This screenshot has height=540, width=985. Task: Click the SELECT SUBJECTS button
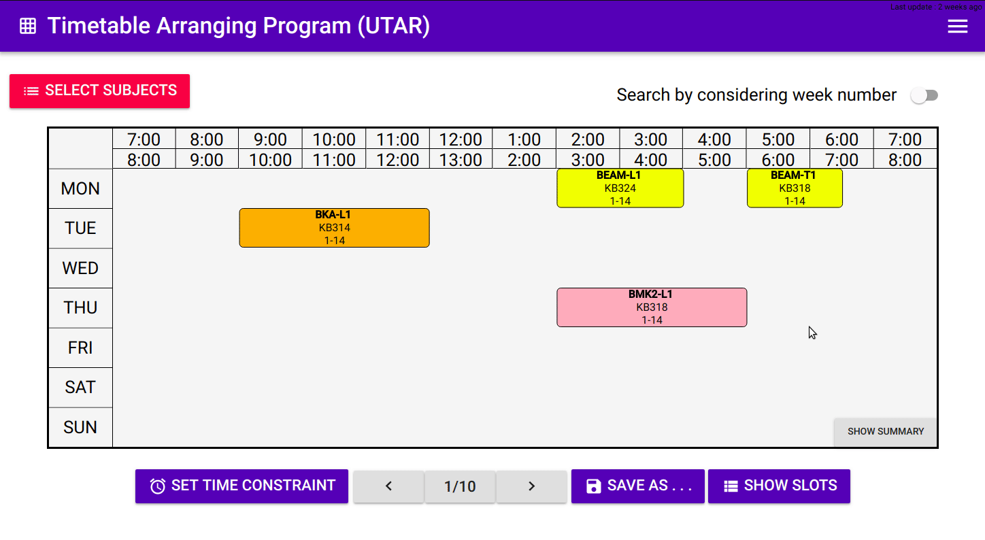(99, 91)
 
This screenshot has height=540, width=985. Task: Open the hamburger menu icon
(957, 27)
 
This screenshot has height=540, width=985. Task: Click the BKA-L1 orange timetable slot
(334, 228)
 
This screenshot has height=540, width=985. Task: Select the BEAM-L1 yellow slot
(620, 188)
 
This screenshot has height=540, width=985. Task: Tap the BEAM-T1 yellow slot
(794, 188)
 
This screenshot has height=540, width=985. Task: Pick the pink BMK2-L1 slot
(651, 307)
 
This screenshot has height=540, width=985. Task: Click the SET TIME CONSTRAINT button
(241, 486)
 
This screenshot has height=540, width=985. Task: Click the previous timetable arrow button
(388, 486)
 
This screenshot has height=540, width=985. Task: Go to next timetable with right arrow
(531, 486)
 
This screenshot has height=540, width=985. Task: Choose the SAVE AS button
(637, 486)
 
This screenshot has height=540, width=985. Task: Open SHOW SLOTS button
(779, 486)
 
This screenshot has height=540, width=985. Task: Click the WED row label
(80, 269)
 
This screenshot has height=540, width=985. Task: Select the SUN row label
(80, 428)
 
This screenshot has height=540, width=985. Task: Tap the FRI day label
(80, 348)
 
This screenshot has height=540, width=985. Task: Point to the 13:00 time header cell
(461, 161)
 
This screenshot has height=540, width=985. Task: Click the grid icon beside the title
(28, 27)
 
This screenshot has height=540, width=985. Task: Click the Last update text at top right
(936, 6)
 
